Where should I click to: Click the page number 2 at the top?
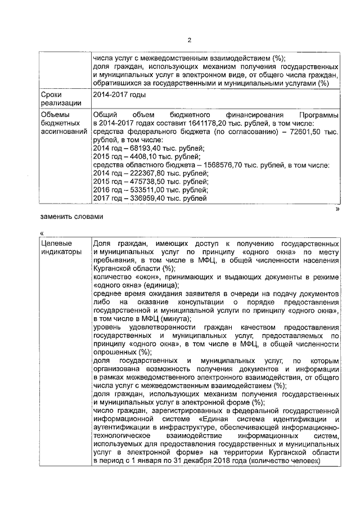190,40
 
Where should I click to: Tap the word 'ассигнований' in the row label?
64,131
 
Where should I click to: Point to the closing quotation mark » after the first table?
337,209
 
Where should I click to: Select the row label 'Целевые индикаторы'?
60,247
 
